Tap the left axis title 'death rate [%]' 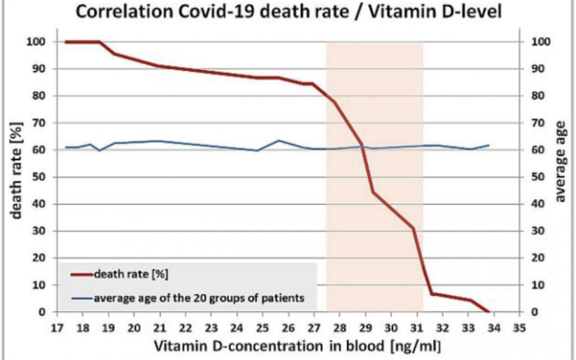tap(18, 176)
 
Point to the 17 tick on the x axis tap(57, 327)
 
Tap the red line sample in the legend tap(82, 275)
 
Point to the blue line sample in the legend tap(82, 298)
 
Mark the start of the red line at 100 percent tap(66, 42)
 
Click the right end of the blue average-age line tap(489, 145)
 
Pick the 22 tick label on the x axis tap(186, 327)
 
